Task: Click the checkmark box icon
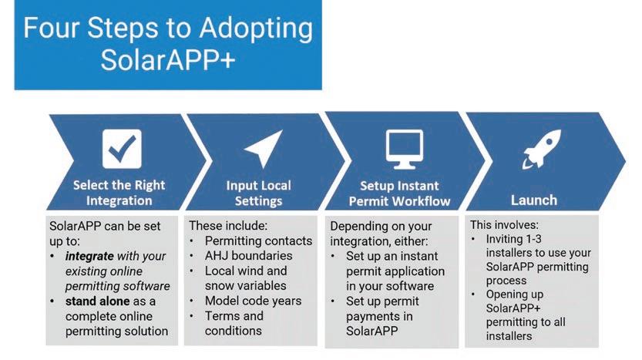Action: point(121,148)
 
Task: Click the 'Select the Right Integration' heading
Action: point(119,193)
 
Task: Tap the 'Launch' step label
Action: point(533,200)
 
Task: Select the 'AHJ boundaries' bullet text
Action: point(248,256)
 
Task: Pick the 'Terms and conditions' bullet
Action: point(235,323)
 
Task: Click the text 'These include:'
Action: point(229,227)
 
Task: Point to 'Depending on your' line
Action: point(382,227)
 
